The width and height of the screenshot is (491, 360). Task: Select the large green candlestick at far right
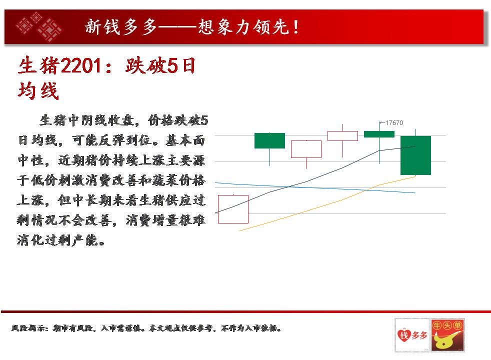(x=415, y=155)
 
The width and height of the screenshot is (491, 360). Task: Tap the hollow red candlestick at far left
(x=233, y=209)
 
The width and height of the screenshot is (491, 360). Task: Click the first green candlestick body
(x=269, y=140)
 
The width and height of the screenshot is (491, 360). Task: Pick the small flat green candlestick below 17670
(x=379, y=134)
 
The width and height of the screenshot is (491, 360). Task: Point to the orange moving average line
(x=327, y=203)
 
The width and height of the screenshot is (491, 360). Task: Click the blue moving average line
(x=315, y=188)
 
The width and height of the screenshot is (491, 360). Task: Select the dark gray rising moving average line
(x=315, y=179)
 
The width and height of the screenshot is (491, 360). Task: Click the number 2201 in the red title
(x=81, y=66)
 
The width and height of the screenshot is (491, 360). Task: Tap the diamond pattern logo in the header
(x=39, y=27)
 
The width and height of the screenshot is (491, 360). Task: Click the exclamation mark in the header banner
(x=295, y=27)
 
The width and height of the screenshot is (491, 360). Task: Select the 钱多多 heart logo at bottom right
(x=412, y=335)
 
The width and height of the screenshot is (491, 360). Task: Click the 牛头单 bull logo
(x=447, y=335)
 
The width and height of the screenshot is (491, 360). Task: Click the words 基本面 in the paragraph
(x=185, y=140)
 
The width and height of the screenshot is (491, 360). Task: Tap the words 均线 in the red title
(x=38, y=91)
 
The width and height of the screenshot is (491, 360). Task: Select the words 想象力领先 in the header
(x=243, y=27)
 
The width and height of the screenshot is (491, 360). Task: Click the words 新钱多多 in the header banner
(x=121, y=27)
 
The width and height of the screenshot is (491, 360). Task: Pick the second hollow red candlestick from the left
(x=306, y=149)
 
